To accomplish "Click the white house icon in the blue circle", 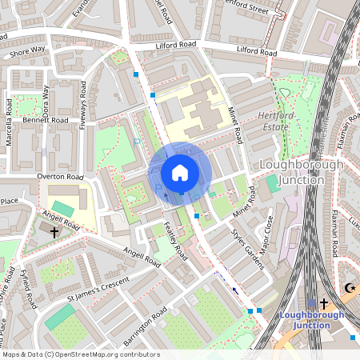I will click(180, 173).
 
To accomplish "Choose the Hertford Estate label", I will click(279, 120).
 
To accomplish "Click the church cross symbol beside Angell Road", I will click(54, 233).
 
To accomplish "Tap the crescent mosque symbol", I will click(348, 287).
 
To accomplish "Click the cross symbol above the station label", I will click(323, 303).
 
